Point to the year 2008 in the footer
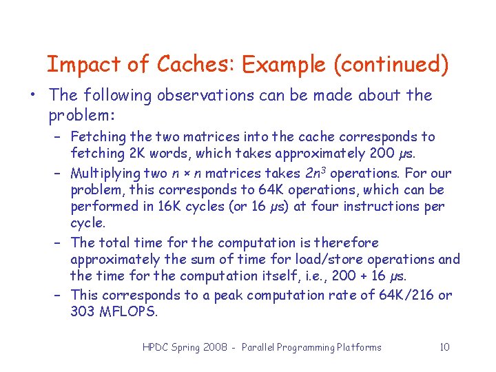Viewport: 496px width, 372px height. (x=216, y=347)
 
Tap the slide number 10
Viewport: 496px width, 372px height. (x=444, y=347)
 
